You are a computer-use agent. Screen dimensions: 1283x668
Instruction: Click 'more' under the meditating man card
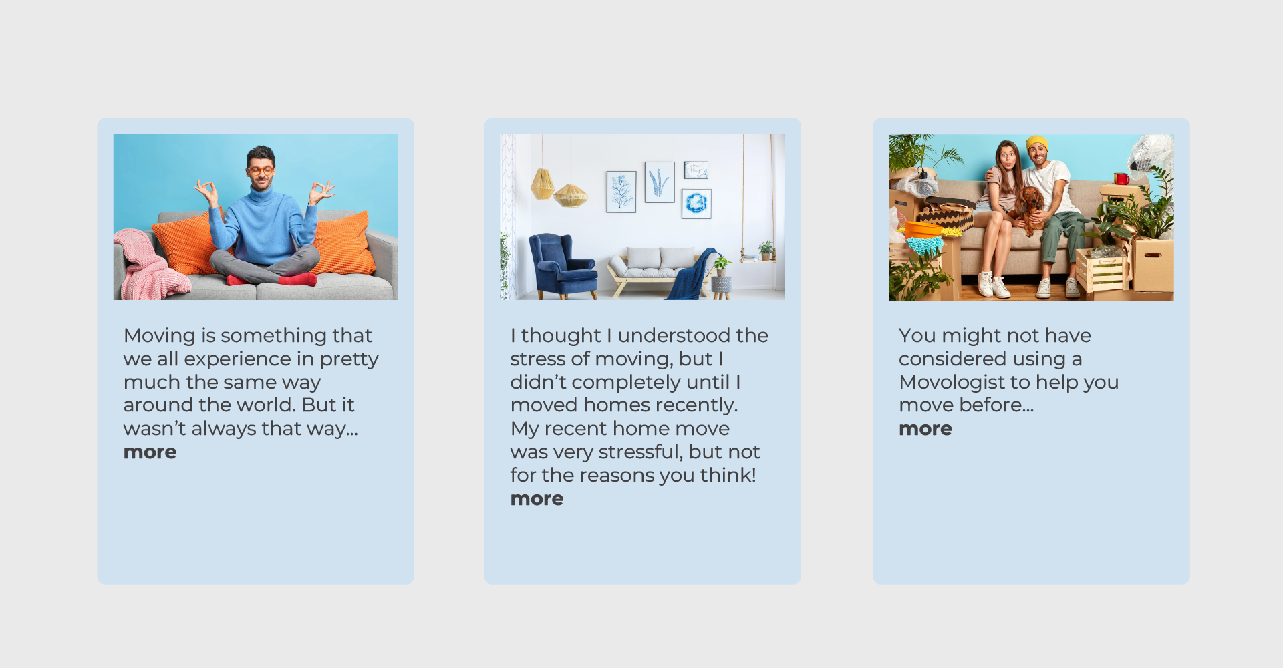point(150,452)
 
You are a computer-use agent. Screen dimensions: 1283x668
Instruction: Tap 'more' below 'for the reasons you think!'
point(537,499)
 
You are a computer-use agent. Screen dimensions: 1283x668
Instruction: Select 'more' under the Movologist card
point(925,429)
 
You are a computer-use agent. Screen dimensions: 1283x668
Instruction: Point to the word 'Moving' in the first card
point(159,336)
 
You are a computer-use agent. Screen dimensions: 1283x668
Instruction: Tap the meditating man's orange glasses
point(261,171)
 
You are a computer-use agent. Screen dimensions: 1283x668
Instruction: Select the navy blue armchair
point(562,266)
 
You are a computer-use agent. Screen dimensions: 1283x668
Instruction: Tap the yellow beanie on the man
point(1037,142)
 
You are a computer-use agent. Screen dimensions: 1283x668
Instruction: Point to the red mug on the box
point(1121,178)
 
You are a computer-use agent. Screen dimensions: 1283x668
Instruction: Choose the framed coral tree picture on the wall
point(621,192)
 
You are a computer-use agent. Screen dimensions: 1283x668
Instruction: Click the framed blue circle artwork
point(696,204)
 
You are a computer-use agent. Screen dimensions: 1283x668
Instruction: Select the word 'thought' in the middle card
point(561,336)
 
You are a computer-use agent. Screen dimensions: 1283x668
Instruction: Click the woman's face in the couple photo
point(1006,159)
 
